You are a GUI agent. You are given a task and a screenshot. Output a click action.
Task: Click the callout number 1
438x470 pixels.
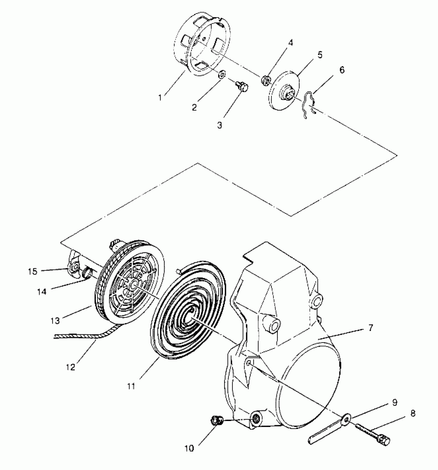[x=160, y=98]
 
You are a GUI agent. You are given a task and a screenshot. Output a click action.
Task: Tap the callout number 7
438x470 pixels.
[x=370, y=328]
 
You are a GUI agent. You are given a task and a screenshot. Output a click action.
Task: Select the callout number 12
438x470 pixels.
[x=70, y=367]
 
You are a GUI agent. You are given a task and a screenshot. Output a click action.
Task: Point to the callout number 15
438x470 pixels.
[x=33, y=271]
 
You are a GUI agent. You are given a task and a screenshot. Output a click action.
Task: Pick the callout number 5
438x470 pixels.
[x=320, y=55]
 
